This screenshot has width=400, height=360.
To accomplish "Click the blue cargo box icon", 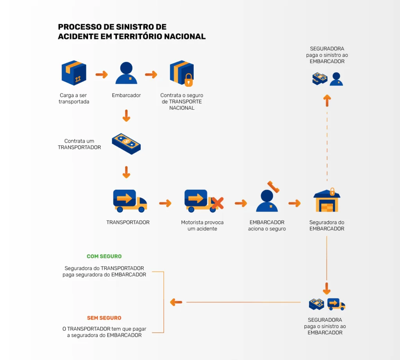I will click(x=73, y=73).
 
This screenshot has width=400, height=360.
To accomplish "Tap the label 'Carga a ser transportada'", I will click(x=74, y=98).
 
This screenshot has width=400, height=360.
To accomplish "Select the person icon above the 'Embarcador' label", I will click(x=126, y=73).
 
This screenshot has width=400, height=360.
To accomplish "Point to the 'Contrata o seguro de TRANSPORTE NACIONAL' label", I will click(x=182, y=102).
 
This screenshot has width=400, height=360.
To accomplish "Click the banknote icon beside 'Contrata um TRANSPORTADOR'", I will click(x=126, y=144).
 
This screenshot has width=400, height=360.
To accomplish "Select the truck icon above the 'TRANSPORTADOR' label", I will click(x=129, y=201).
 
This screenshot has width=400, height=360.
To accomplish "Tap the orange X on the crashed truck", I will click(x=217, y=203).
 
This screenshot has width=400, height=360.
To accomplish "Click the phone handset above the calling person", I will click(x=273, y=187).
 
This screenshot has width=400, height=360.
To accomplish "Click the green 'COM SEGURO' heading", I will click(x=104, y=257).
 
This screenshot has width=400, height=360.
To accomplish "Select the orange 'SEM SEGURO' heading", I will click(x=104, y=318).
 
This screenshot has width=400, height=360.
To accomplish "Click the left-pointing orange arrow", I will click(x=176, y=302).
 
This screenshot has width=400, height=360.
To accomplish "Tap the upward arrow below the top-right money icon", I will click(x=327, y=100).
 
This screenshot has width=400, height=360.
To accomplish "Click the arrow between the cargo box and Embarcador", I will click(x=101, y=75).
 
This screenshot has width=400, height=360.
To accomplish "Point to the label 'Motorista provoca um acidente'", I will click(x=202, y=225).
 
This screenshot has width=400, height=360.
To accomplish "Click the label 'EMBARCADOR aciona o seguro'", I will click(x=267, y=225).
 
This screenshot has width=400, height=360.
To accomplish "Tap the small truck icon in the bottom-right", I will click(x=336, y=304).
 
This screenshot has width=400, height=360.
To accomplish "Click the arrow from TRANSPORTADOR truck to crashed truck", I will click(x=165, y=203).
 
